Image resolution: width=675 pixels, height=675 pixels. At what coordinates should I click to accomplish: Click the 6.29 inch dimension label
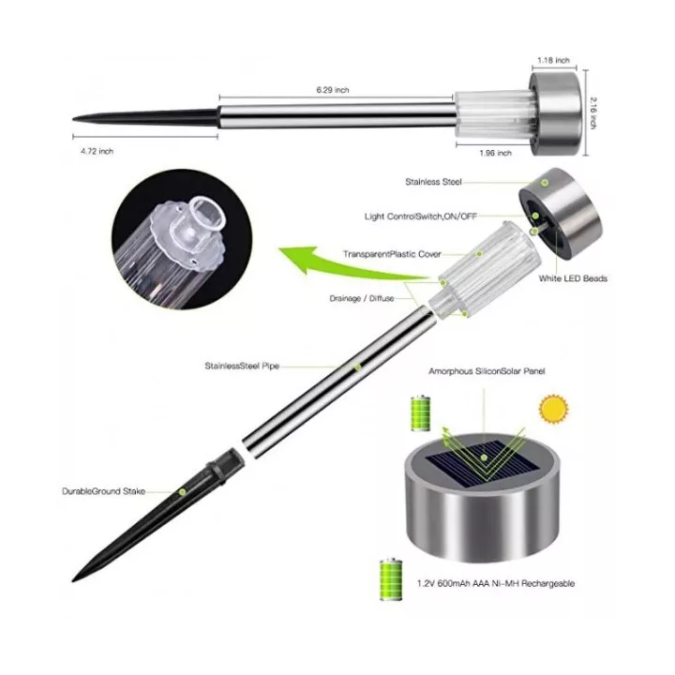332,90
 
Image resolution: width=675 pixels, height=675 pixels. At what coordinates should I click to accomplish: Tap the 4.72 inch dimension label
97,151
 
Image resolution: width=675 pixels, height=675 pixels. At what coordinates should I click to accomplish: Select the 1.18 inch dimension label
553,60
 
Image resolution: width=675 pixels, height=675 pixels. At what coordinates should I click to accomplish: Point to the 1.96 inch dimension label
496,153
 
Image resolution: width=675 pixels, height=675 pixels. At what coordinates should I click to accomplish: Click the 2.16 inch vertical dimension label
593,112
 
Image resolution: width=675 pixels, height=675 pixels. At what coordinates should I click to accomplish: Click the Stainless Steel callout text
433,182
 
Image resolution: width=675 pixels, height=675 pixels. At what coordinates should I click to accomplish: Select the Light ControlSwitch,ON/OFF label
421,217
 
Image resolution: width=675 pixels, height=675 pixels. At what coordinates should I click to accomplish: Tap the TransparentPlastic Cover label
392,254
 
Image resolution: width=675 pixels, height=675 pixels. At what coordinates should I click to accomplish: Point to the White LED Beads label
573,278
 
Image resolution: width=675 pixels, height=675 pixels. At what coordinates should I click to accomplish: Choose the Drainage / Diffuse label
362,298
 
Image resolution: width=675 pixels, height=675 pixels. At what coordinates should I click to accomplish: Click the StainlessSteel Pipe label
242,366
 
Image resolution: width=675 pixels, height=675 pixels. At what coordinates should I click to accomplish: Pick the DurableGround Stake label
103,491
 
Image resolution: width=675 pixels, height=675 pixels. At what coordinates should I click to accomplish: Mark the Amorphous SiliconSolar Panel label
487,371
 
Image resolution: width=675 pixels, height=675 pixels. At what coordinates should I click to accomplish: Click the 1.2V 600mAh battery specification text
496,583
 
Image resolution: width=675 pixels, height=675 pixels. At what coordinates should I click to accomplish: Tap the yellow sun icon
554,409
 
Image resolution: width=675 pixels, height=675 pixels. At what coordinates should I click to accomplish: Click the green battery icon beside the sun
421,412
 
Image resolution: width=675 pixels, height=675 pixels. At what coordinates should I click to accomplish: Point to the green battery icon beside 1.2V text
391,579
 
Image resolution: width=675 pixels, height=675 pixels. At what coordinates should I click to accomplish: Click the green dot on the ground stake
183,491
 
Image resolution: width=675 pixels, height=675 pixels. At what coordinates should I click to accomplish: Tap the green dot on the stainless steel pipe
357,367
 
